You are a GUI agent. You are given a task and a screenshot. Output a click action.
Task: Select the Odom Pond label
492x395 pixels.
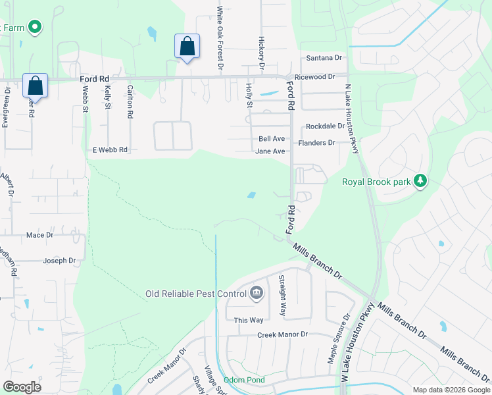coord(243,380)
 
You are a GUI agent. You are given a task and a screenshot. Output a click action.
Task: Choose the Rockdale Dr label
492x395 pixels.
coord(324,126)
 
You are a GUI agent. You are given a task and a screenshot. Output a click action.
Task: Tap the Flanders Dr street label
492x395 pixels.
coord(317,142)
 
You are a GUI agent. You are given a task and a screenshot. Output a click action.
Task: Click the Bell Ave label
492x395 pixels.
coord(272,139)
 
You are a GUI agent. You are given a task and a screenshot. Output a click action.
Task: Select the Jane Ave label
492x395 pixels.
coord(270,151)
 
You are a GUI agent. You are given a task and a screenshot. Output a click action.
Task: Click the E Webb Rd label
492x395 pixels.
coord(110,150)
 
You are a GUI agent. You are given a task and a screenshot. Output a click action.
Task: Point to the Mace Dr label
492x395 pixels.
coord(39,234)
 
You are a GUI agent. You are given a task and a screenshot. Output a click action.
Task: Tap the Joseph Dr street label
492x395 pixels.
coord(60,261)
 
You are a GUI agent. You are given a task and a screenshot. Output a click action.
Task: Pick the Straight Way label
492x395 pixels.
coord(282,296)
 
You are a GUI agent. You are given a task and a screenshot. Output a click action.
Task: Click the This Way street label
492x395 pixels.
coord(249,320)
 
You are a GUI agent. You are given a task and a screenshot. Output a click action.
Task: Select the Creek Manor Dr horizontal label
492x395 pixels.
coord(282,334)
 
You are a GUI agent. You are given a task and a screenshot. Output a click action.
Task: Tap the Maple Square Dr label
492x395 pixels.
coord(332,346)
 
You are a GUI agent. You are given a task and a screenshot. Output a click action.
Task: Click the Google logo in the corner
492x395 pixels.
coord(22,387)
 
